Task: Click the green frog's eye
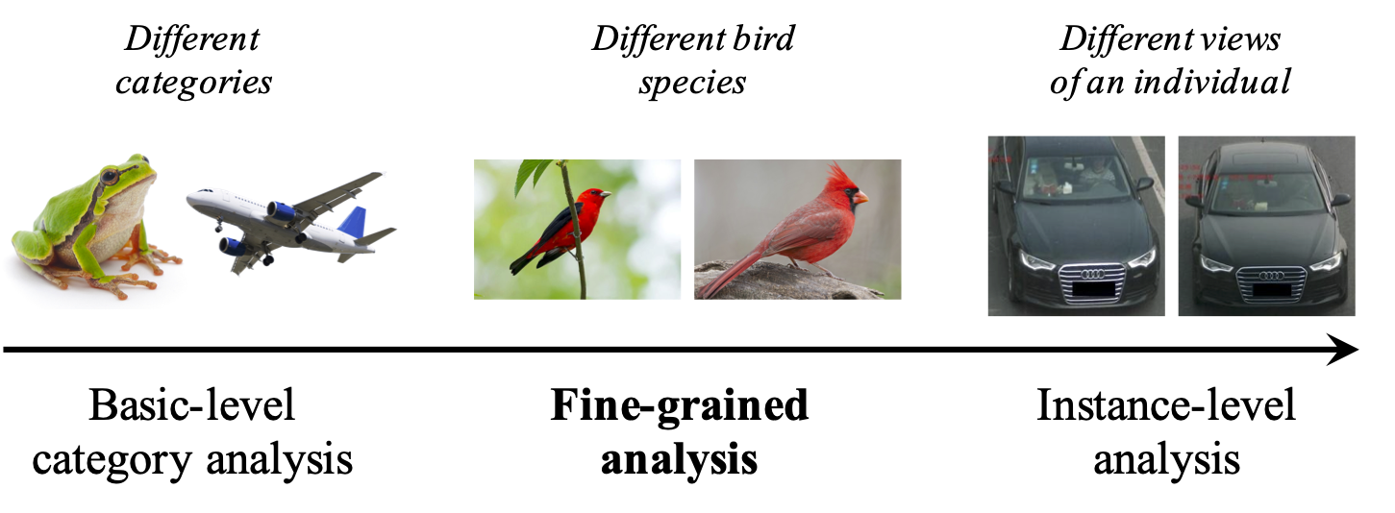point(112,177)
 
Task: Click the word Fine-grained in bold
point(679,406)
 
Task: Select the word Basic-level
point(191,406)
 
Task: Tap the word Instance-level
point(1165,406)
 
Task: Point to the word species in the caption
point(692,83)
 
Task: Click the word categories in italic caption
point(193,83)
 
